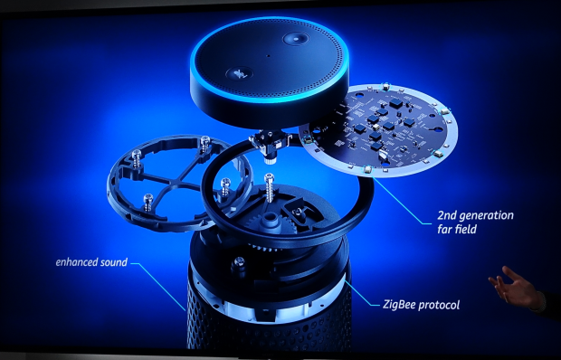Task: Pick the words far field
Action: tap(457, 229)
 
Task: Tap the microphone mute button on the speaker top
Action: tap(240, 73)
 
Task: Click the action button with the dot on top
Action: tap(296, 38)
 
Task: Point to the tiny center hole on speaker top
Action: tap(268, 56)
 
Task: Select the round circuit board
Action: tap(378, 131)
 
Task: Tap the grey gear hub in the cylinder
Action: tap(270, 220)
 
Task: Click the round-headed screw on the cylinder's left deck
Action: tap(239, 264)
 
